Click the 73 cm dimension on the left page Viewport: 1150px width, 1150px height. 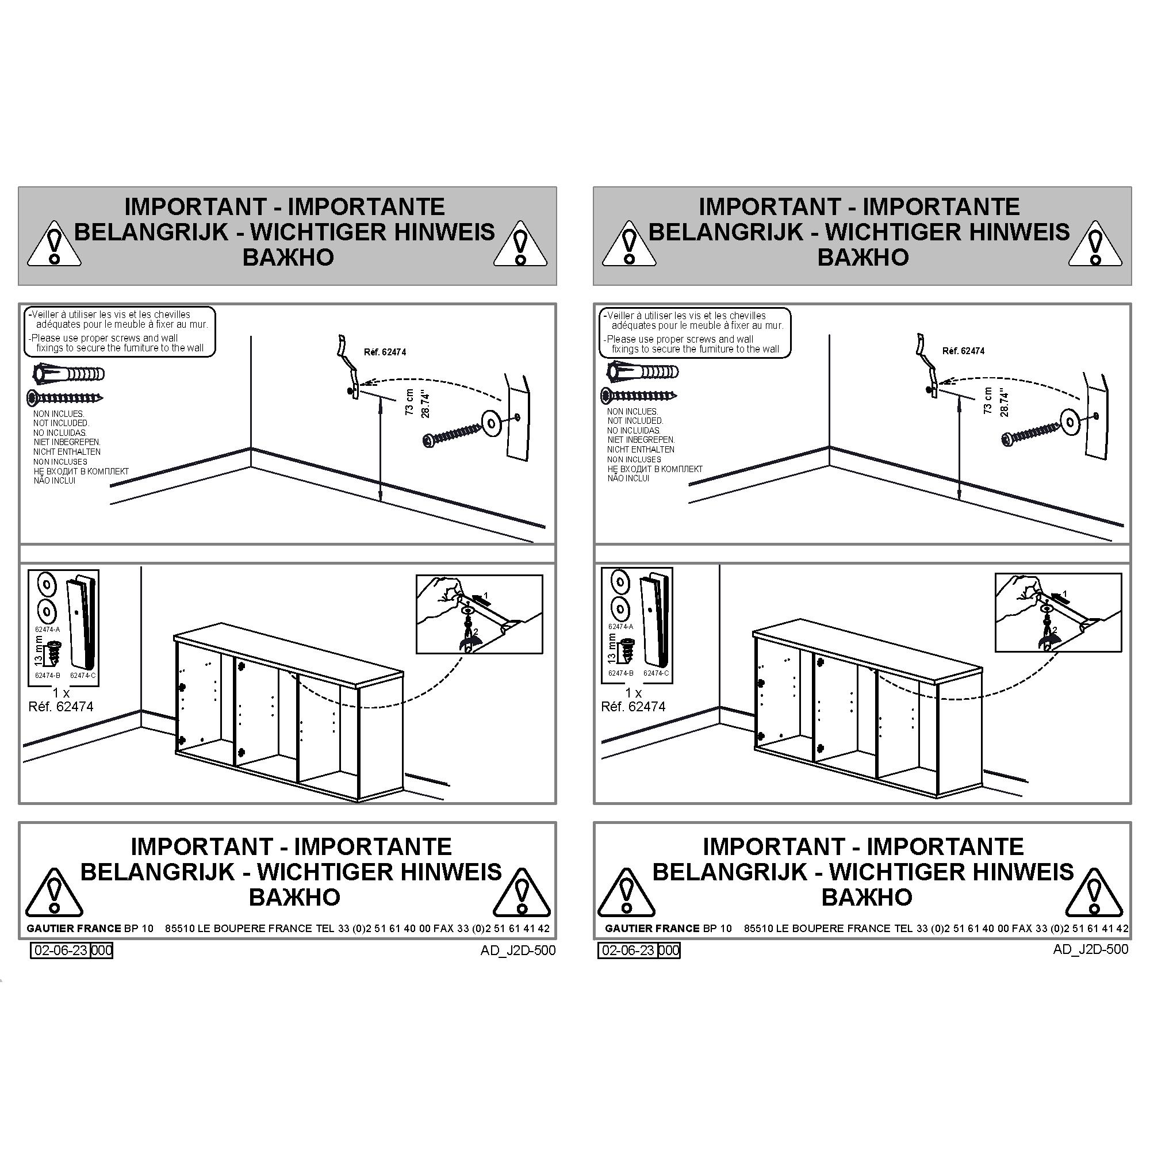pos(409,402)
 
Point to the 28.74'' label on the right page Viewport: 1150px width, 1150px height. pos(1004,402)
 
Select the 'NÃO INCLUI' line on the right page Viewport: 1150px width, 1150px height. pos(628,478)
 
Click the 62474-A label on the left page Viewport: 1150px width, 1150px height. pos(48,629)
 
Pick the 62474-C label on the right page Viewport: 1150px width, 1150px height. pos(655,673)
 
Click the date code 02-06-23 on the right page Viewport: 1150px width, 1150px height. pos(628,950)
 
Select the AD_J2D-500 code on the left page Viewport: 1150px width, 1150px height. pos(518,950)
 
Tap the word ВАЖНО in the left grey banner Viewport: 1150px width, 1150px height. pos(288,257)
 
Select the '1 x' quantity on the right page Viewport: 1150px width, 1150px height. pos(633,693)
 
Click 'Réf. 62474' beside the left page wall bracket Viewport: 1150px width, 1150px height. pos(385,352)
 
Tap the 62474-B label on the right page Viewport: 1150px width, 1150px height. pos(620,673)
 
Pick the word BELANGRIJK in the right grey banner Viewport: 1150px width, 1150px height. pos(726,232)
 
